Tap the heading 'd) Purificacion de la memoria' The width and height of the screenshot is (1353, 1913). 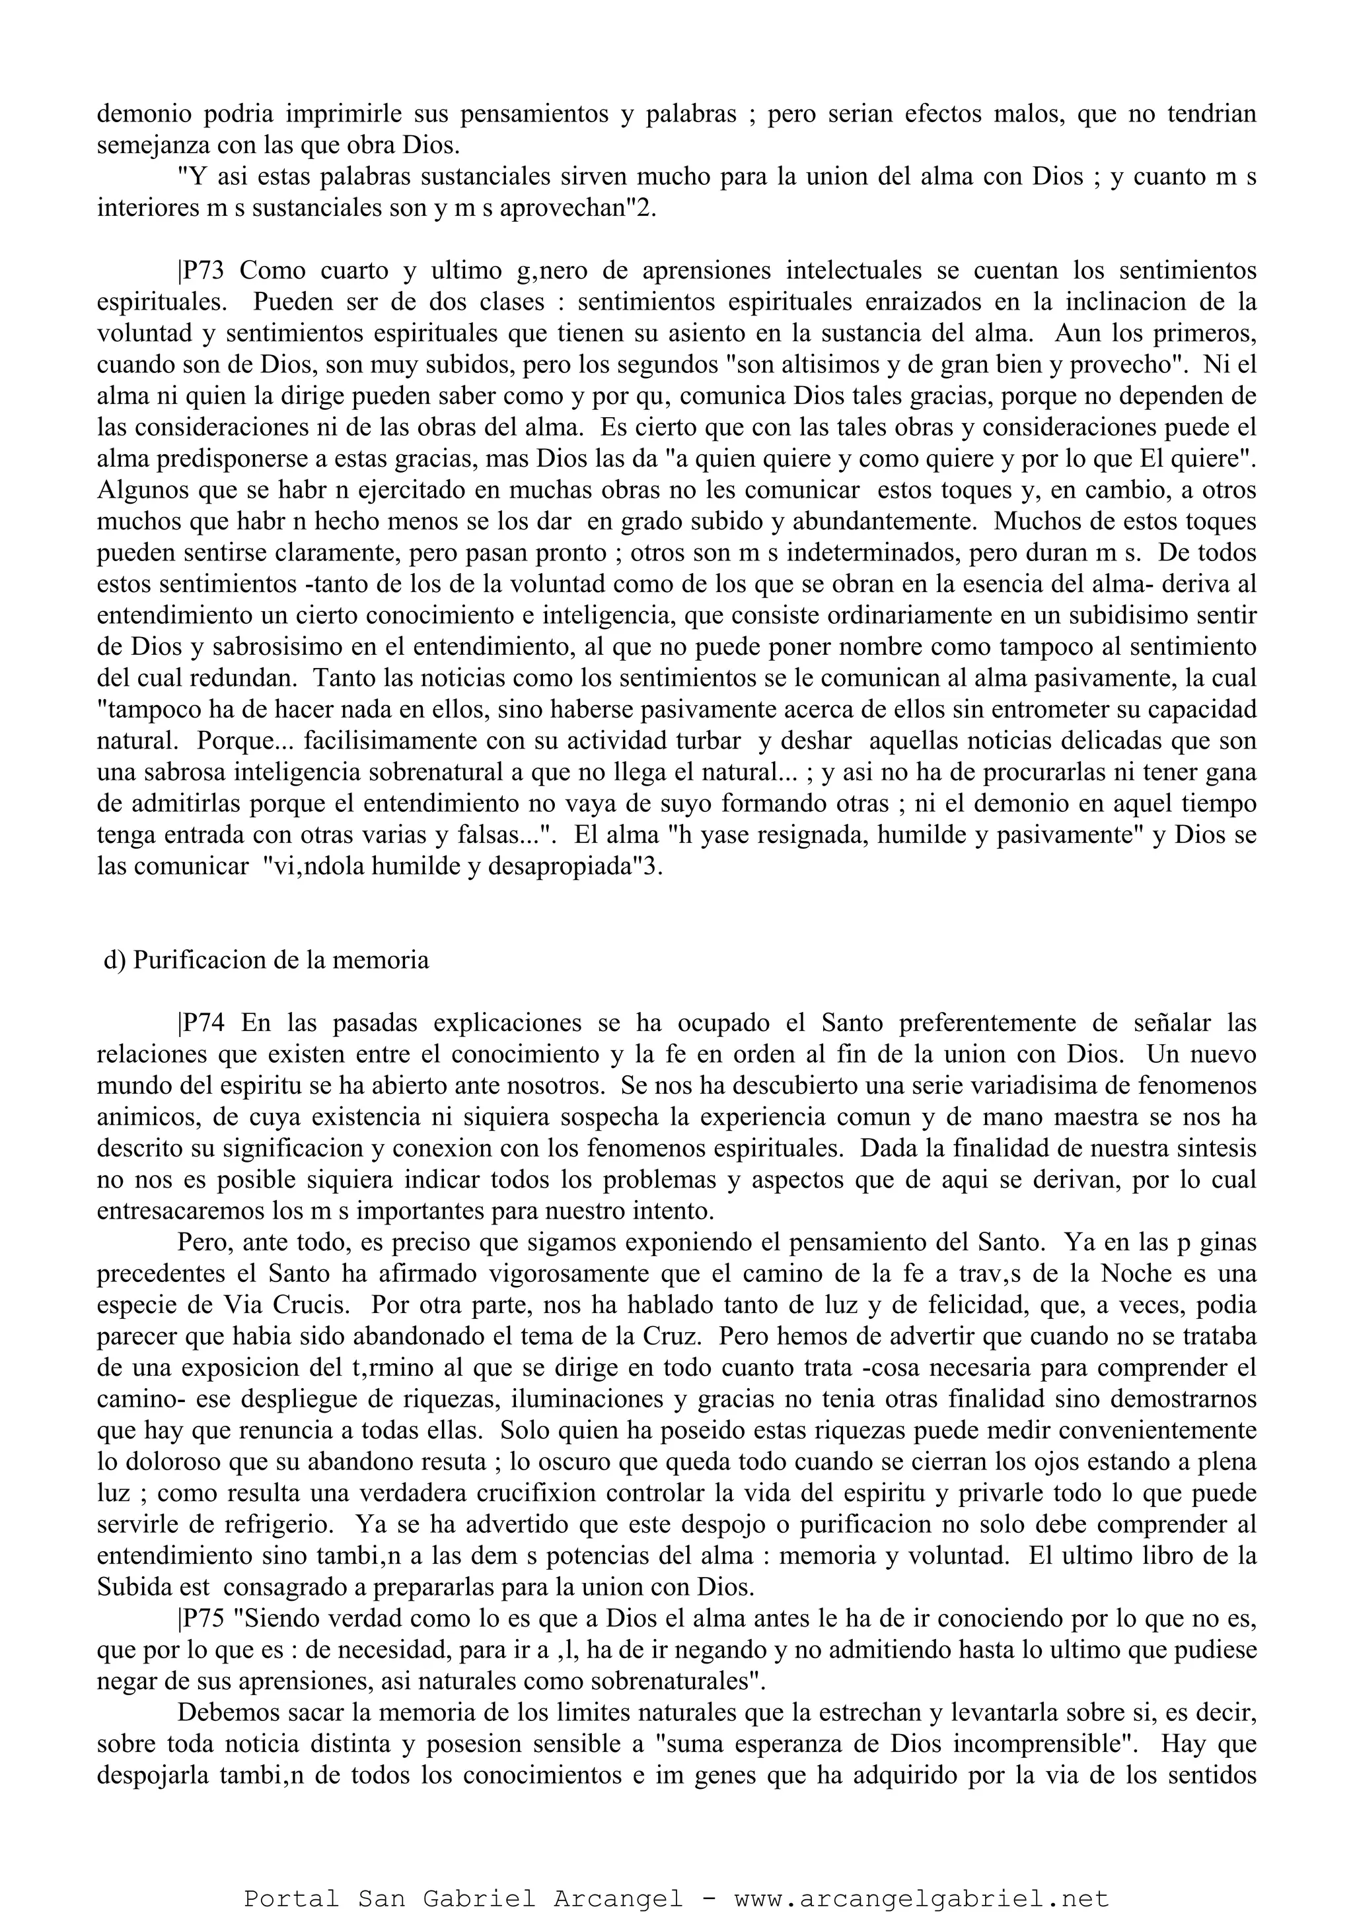(x=266, y=960)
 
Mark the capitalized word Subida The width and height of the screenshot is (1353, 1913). (x=133, y=1588)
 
